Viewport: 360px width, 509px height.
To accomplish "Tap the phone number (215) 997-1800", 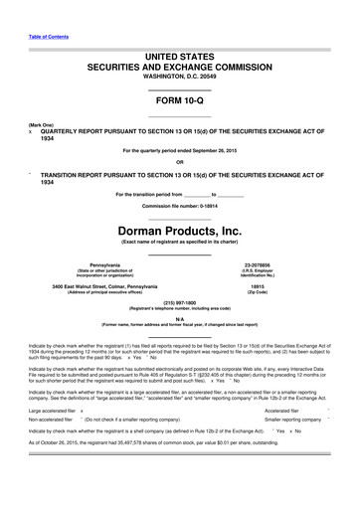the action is pyautogui.click(x=180, y=306).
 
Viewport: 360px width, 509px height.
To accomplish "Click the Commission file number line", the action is pyautogui.click(x=180, y=206).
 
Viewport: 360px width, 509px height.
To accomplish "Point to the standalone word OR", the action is pyautogui.click(x=180, y=163).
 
